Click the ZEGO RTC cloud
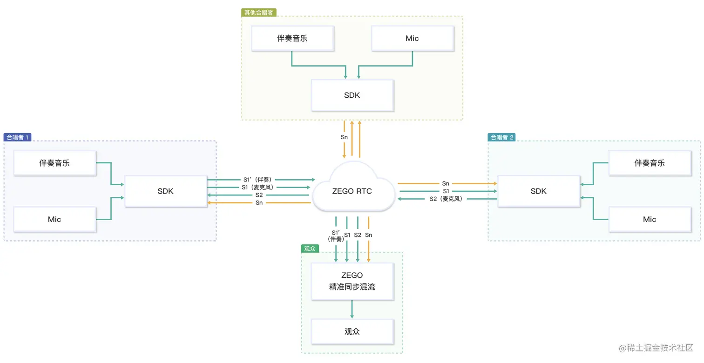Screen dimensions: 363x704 pos(352,191)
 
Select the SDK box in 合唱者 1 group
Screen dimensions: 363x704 pos(166,191)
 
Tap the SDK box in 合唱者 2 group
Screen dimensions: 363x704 pos(538,191)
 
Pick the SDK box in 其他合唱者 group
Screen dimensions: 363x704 pos(352,95)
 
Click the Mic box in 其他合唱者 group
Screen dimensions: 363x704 pos(412,38)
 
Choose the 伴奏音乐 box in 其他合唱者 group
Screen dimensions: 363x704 pos(292,38)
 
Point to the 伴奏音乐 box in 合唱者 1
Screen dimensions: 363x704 pos(55,163)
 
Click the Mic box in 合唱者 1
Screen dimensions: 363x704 pos(55,219)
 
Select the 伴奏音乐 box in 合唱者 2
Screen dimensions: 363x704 pos(650,163)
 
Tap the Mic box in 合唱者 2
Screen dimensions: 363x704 pos(650,219)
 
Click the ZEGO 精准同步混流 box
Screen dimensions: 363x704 pos(352,281)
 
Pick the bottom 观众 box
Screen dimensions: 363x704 pos(352,332)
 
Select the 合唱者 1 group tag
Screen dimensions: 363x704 pos(18,137)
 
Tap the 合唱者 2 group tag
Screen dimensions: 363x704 pos(501,137)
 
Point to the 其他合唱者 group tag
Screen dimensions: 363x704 pos(259,13)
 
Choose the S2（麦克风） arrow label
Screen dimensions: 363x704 pos(446,199)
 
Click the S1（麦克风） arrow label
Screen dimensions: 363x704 pos(257,187)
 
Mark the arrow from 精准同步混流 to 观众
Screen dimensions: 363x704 pos(352,309)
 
